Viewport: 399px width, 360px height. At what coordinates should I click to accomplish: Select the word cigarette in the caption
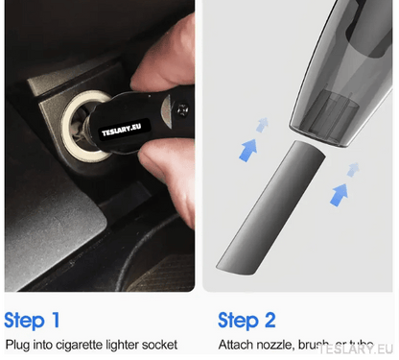pyautogui.click(x=76, y=345)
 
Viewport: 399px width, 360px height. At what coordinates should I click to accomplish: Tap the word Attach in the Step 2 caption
pyautogui.click(x=236, y=345)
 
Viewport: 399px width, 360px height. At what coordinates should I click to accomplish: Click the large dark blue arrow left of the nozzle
pyautogui.click(x=248, y=149)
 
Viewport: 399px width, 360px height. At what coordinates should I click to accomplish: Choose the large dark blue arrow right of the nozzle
pyautogui.click(x=337, y=194)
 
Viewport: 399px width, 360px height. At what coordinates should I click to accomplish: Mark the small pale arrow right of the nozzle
pyautogui.click(x=353, y=169)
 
